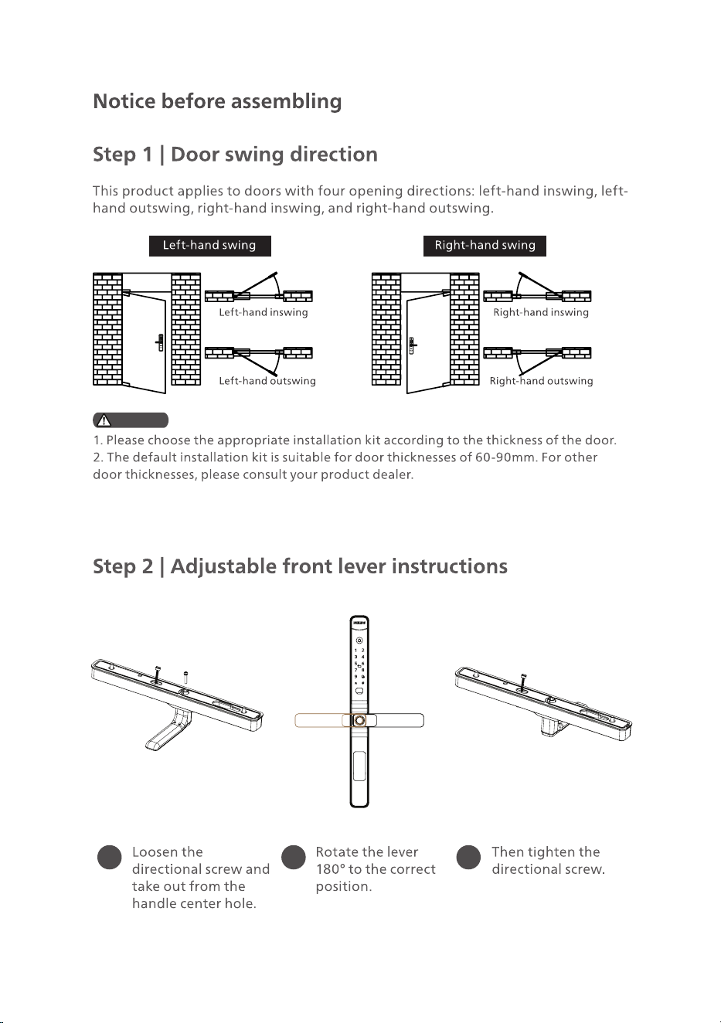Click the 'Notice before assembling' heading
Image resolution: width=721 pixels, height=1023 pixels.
coord(217,101)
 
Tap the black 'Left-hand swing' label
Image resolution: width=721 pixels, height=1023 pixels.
coord(209,246)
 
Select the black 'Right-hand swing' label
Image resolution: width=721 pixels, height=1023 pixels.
coord(485,246)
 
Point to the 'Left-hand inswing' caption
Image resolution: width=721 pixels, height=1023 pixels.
coord(264,312)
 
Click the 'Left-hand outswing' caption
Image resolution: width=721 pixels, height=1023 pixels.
coord(267,381)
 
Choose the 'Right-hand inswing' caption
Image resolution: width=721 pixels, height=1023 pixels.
coord(541,312)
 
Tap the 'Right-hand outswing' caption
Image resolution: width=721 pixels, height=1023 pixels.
coord(542,381)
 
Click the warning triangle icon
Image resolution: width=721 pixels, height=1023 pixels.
coord(104,420)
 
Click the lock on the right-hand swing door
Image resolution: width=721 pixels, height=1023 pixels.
coord(412,345)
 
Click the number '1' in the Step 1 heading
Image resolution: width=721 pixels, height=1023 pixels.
coord(147,155)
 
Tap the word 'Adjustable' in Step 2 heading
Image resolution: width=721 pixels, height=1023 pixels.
coord(223,567)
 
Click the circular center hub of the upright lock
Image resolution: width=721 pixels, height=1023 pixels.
coord(359,720)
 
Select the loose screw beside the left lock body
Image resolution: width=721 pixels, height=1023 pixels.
coord(186,676)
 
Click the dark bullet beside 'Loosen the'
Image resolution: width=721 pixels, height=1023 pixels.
coord(110,857)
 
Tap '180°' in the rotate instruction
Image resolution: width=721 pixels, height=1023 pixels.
coord(330,869)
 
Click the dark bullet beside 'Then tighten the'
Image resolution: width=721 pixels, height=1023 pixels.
coord(468,857)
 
